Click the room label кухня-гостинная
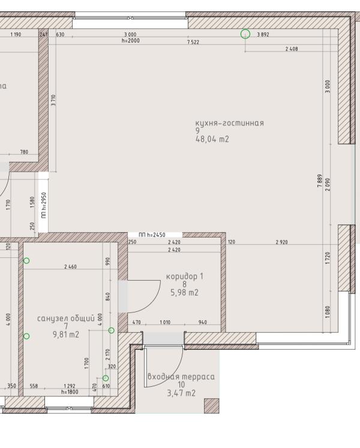[x=229, y=123]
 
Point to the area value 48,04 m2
[x=212, y=139]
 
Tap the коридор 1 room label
[x=185, y=276]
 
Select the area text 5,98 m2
[x=184, y=293]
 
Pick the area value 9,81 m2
[x=65, y=335]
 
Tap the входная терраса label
[x=181, y=377]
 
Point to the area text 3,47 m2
[x=181, y=393]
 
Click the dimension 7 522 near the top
[x=193, y=43]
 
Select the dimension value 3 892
[x=263, y=35]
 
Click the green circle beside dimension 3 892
[x=245, y=34]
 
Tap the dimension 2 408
[x=292, y=49]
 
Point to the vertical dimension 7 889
[x=320, y=178]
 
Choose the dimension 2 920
[x=281, y=242]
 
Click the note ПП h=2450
[x=152, y=235]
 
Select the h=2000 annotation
[x=130, y=41]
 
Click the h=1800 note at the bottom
[x=70, y=392]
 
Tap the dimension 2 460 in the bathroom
[x=70, y=266]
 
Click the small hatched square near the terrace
[x=212, y=406]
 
